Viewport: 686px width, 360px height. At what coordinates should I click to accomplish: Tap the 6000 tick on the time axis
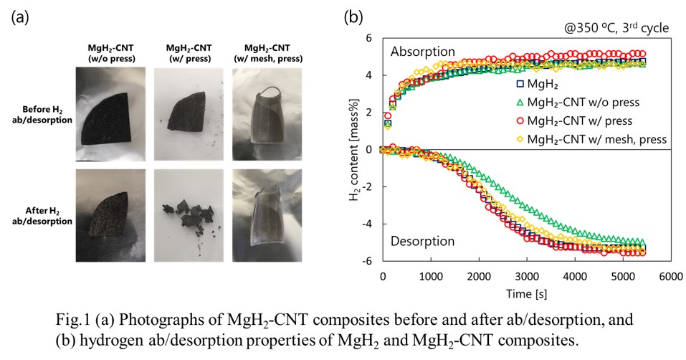pos(670,277)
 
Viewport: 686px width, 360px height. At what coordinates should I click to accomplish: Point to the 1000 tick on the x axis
pos(431,277)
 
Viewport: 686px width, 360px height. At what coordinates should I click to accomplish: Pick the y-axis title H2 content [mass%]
pos(354,149)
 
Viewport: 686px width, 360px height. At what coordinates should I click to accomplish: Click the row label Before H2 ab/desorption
pos(47,114)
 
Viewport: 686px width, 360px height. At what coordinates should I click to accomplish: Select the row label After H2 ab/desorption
pos(47,216)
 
